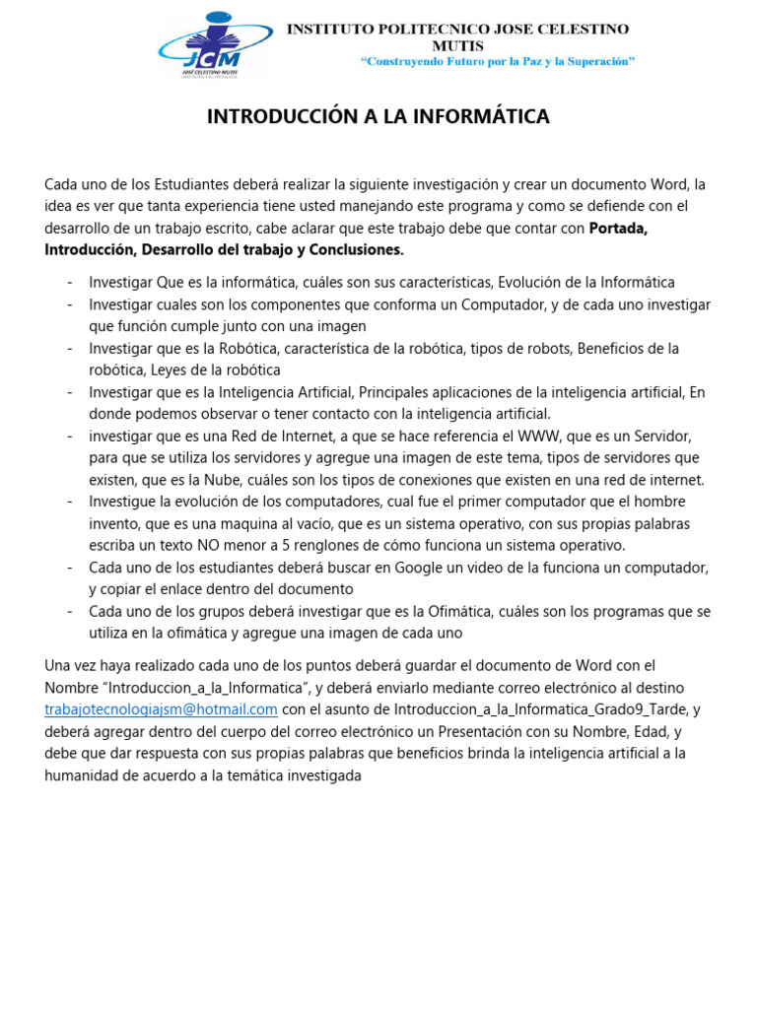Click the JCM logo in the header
point(215,44)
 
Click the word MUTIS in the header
point(457,45)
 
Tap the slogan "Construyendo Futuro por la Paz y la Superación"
point(498,61)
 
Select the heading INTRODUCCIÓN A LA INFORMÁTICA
point(378,117)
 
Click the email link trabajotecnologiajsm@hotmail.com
point(161,709)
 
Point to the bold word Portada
point(617,228)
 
